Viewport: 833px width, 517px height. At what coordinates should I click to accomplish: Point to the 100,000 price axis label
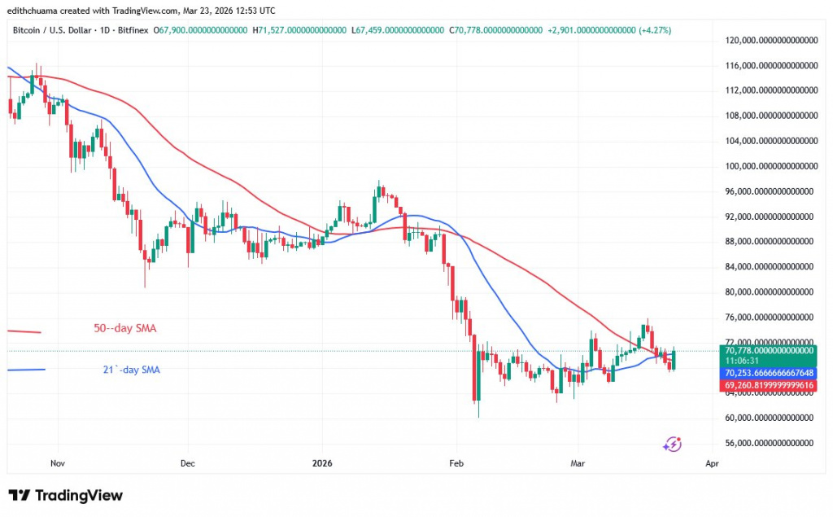click(x=768, y=166)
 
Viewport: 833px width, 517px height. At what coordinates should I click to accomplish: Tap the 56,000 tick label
click(x=768, y=443)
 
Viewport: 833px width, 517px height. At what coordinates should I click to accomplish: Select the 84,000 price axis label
click(x=768, y=266)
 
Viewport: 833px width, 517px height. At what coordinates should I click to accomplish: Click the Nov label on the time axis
click(x=57, y=462)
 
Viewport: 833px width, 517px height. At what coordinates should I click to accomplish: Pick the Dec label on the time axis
click(x=187, y=462)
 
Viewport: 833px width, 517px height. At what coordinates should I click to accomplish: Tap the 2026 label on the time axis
click(x=322, y=462)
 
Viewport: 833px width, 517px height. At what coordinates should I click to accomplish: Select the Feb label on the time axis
click(x=456, y=462)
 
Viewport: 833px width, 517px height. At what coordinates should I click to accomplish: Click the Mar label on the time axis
click(x=578, y=462)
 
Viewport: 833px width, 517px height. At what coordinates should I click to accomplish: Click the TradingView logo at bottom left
click(x=66, y=495)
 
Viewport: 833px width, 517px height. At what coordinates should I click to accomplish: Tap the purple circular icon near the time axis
click(x=672, y=444)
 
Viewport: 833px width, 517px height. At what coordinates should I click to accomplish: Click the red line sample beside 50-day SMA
click(x=24, y=331)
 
